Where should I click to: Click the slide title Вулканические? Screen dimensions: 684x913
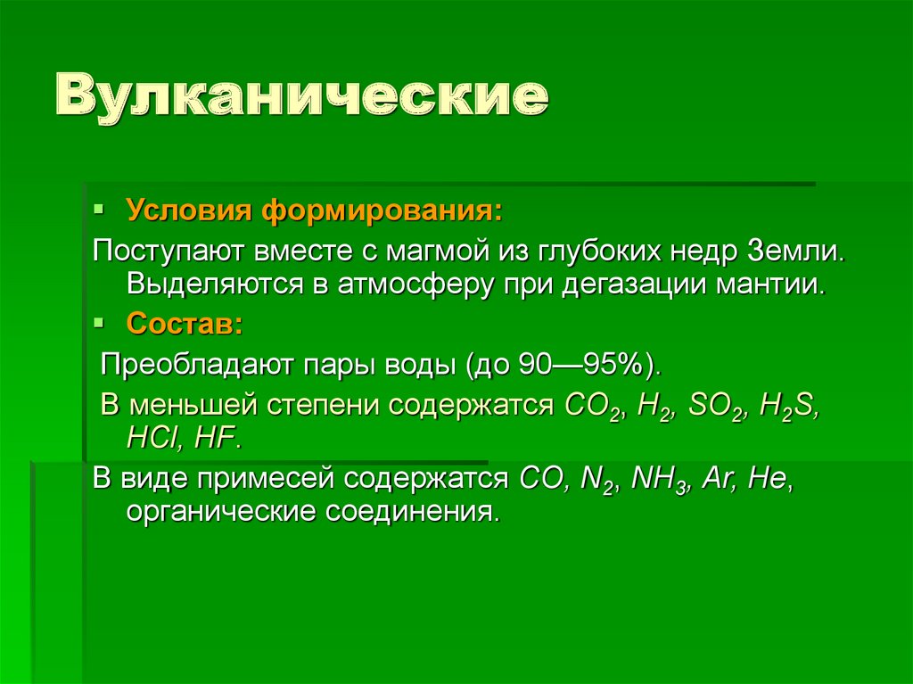coord(303,98)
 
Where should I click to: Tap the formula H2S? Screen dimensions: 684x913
coord(787,405)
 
